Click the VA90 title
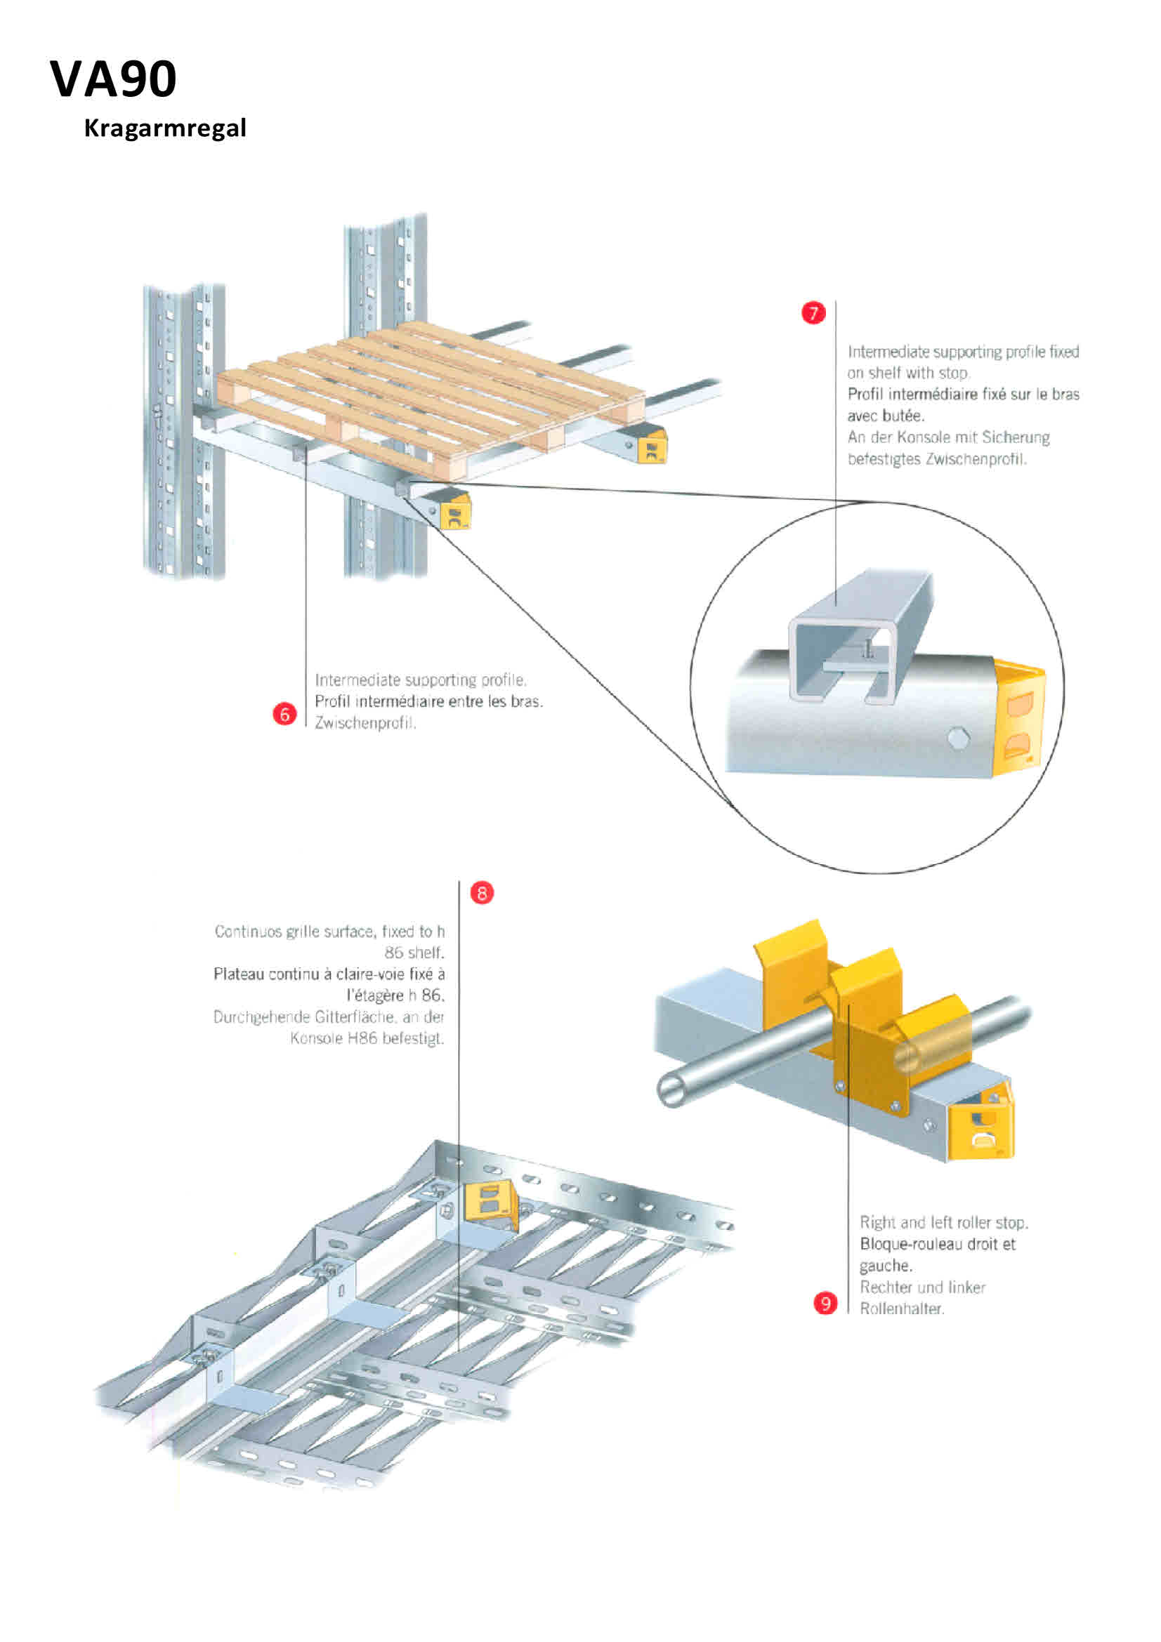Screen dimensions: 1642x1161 point(113,79)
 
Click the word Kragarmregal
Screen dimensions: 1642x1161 point(164,128)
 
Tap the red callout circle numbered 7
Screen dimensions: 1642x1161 point(813,312)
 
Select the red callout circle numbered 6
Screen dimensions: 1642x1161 point(284,714)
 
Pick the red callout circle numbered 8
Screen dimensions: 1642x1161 point(481,892)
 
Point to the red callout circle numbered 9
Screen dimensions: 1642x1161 point(825,1303)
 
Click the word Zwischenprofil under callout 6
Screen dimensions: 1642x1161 point(365,723)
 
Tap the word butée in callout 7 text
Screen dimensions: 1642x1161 point(903,416)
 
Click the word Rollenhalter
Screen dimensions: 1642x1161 point(901,1309)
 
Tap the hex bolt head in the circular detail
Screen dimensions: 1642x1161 point(958,739)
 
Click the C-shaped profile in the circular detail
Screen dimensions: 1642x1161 point(858,637)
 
